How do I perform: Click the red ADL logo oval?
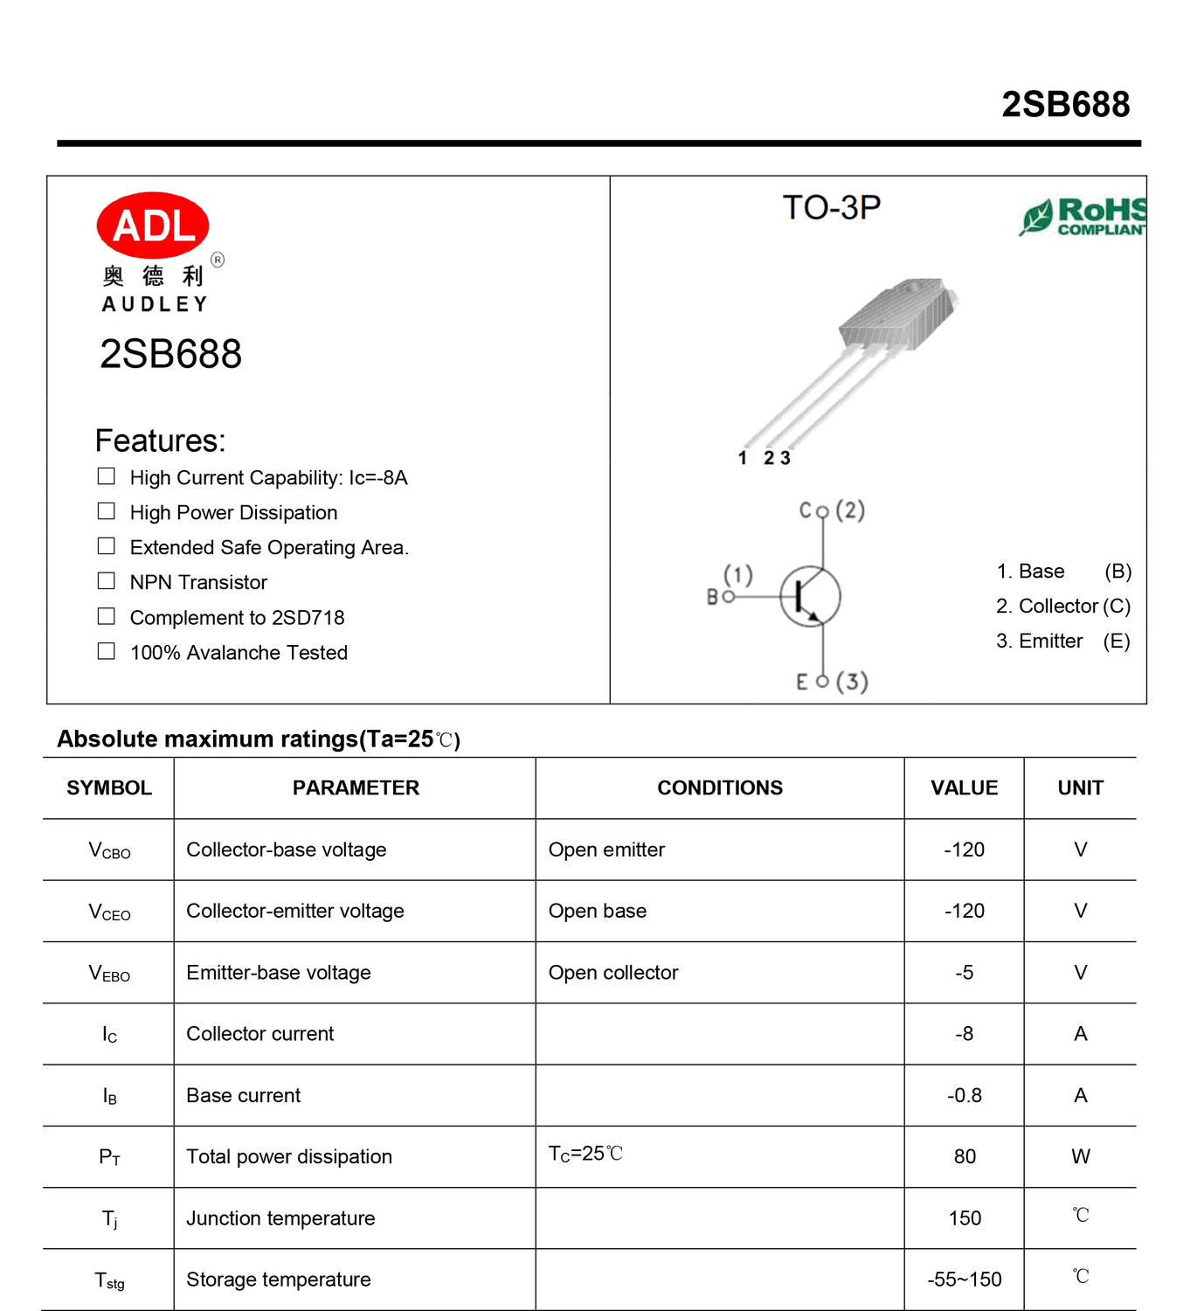[x=153, y=225]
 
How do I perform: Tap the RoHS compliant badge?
[x=1083, y=216]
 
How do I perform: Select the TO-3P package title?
[x=831, y=208]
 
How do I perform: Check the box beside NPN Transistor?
[x=107, y=581]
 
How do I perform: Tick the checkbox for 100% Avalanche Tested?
[x=107, y=651]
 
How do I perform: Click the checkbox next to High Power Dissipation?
[x=107, y=511]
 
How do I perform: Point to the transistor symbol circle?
[x=810, y=597]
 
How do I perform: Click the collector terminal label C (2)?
[x=831, y=510]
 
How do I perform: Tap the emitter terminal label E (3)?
[x=831, y=682]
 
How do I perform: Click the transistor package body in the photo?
[x=895, y=315]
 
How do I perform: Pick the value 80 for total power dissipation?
[x=965, y=1157]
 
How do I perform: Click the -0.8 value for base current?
[x=965, y=1096]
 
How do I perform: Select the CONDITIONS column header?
[x=720, y=788]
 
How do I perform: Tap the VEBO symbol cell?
[x=109, y=974]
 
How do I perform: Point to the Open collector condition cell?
[x=613, y=973]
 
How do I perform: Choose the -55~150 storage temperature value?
[x=965, y=1280]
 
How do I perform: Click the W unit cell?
[x=1081, y=1157]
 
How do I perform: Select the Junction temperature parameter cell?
[x=280, y=1218]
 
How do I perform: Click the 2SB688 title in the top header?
[x=1065, y=105]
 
